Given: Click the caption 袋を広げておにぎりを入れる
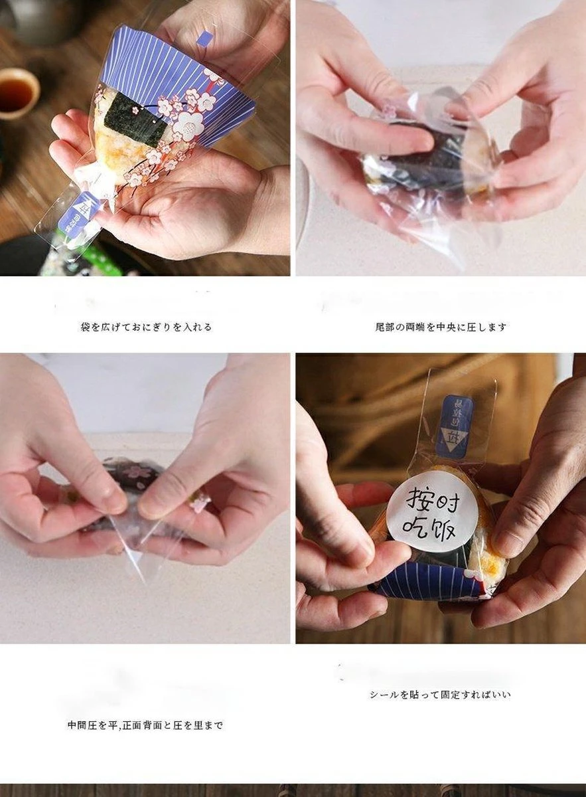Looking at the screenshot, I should tap(146, 327).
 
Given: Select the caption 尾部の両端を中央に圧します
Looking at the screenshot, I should tap(441, 327).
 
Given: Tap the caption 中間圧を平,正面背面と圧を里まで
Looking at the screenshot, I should tap(145, 725).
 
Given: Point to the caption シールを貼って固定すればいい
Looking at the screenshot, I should tap(440, 695).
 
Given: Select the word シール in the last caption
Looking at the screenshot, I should tap(383, 695).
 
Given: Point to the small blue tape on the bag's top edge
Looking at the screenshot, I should tap(206, 38).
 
